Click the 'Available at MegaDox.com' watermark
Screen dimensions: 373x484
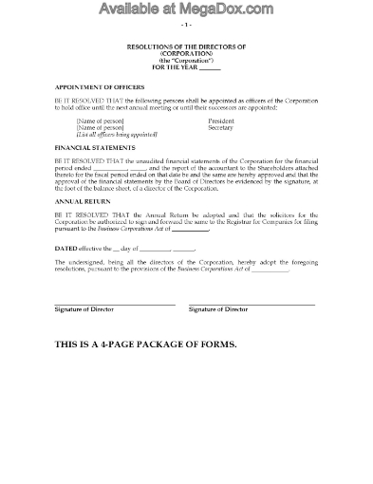[186, 12]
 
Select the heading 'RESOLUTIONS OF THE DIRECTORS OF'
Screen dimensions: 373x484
[186, 46]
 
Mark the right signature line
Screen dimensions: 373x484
[252, 304]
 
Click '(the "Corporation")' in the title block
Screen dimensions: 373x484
[186, 59]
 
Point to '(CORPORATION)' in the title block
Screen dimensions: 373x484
[186, 52]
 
